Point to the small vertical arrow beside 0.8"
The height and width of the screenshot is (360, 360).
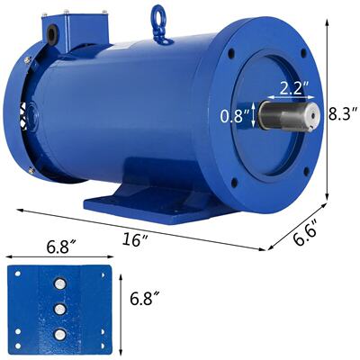[256, 114]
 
